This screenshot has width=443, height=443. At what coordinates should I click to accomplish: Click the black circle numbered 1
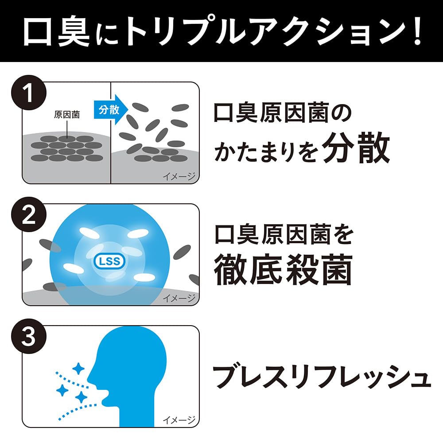[x=29, y=93]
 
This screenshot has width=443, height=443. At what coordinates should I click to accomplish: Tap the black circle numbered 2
[x=29, y=215]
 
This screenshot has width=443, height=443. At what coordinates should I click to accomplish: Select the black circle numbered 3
[x=29, y=336]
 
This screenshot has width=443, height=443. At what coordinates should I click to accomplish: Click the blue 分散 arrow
[x=111, y=109]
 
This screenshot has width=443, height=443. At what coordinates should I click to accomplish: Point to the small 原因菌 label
[x=67, y=114]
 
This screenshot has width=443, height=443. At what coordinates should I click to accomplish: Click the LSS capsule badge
[x=109, y=261]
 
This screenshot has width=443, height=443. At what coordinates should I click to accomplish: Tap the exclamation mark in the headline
[x=417, y=31]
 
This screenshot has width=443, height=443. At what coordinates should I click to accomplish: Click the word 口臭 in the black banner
[x=56, y=31]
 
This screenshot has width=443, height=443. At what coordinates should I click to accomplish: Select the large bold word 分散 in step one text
[x=356, y=148]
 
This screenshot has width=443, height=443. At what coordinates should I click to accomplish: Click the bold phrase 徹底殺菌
[x=284, y=269]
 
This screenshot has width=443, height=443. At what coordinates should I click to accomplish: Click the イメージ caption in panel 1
[x=179, y=176]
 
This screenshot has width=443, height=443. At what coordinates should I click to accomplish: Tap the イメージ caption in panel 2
[x=179, y=298]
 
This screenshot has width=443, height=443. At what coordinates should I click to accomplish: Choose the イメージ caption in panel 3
[x=179, y=420]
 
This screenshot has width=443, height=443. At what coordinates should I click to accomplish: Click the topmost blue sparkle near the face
[x=78, y=369]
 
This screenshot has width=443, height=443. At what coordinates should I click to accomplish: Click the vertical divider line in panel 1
[x=110, y=133]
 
